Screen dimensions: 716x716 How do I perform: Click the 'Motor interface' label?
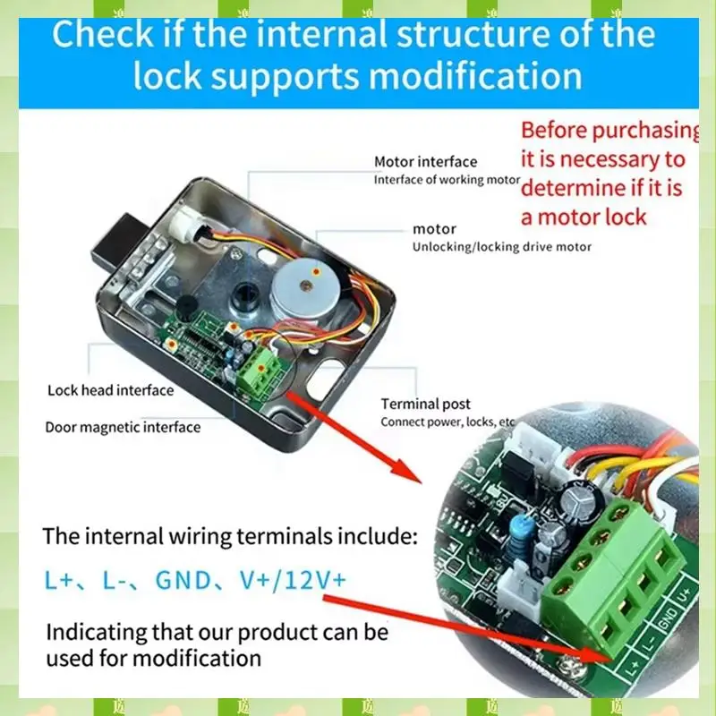(425, 162)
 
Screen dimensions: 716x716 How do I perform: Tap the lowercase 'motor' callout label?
(434, 229)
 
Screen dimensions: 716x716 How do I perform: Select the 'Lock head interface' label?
(110, 390)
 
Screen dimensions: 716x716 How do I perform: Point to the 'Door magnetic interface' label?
(123, 427)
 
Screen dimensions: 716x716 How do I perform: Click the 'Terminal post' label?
(425, 405)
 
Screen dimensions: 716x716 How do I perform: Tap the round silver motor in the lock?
(303, 285)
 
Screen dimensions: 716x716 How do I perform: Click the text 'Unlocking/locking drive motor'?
(501, 247)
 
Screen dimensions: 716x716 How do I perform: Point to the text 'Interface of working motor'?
(446, 180)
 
